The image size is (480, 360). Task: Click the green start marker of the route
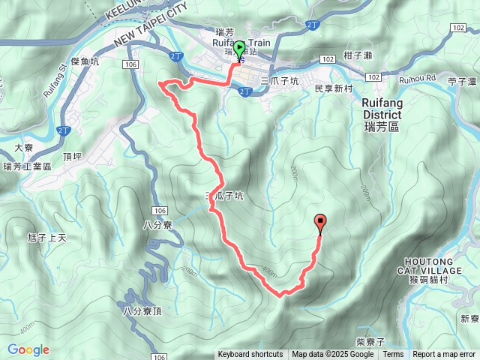coord(239,50)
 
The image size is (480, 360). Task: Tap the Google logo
coord(28,349)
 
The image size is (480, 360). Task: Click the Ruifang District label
coord(381,114)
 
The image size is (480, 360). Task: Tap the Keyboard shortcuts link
coord(250,355)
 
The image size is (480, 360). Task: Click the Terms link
coord(393,355)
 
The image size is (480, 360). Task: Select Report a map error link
coord(445,355)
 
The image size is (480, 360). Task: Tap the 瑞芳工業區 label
coord(27,166)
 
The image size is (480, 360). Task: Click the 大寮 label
coord(22,148)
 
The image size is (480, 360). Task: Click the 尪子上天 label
coord(47,238)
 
